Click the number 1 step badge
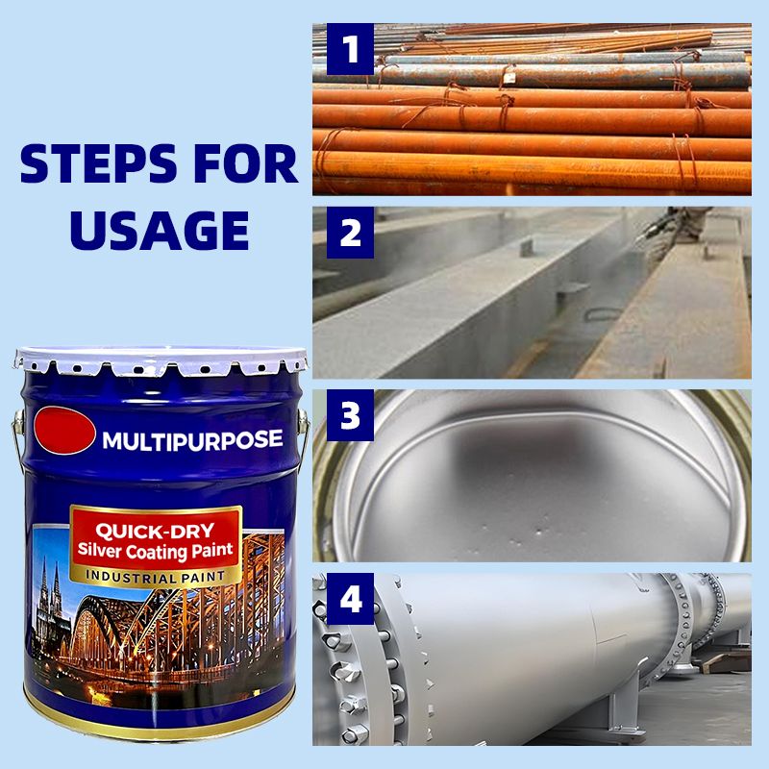point(350,49)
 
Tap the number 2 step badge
point(350,233)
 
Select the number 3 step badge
point(350,415)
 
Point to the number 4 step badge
point(350,599)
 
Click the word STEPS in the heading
point(99,163)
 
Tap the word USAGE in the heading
point(160,231)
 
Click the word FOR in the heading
point(246,163)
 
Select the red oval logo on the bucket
point(64,430)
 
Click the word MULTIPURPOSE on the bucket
point(192,440)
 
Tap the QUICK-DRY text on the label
point(155,532)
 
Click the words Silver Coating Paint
point(155,551)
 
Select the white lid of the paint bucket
point(161,360)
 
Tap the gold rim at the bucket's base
point(160,720)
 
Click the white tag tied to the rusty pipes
point(510,77)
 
